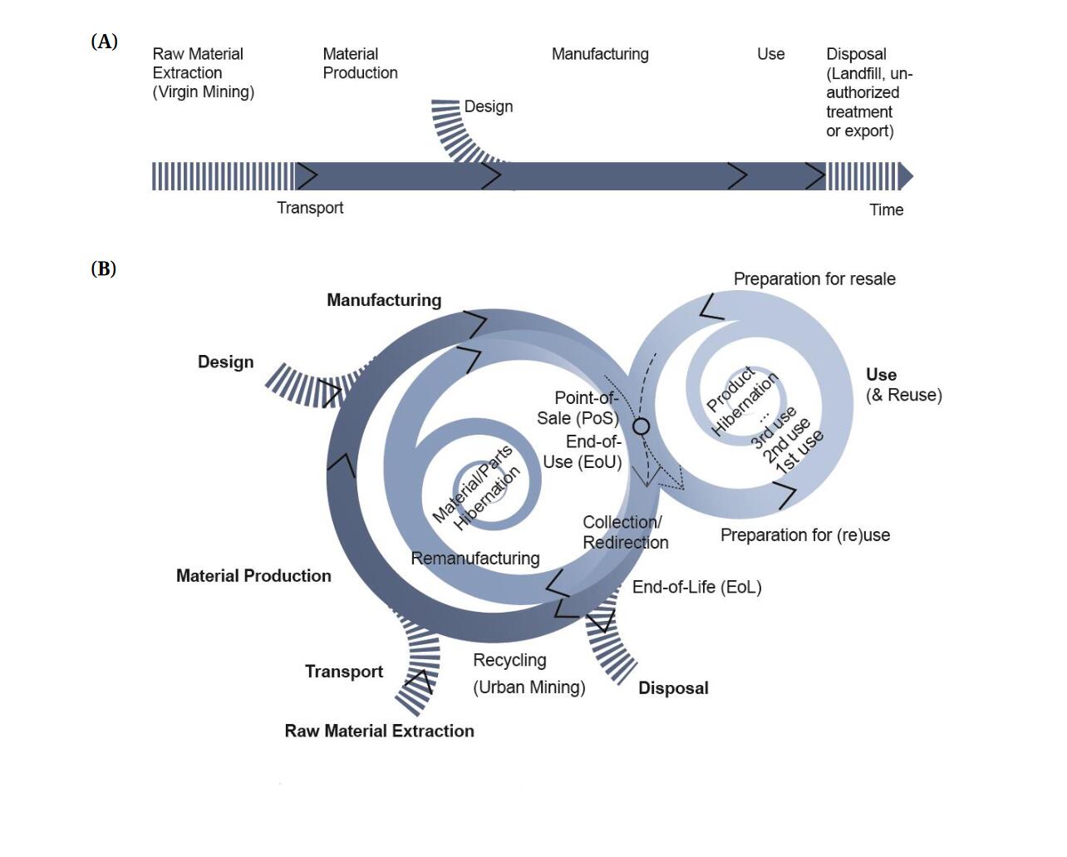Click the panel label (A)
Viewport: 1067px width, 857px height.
104,42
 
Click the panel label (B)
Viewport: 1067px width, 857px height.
103,268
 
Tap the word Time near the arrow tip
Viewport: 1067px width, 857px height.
886,209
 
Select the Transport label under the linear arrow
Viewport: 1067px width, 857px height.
310,208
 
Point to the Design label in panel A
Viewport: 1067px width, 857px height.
488,106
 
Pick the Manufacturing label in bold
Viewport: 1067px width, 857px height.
384,300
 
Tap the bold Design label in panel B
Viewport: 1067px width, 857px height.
225,362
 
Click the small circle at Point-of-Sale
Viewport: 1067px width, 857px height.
641,426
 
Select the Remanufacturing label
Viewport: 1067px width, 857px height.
475,559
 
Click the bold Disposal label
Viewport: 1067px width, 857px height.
673,688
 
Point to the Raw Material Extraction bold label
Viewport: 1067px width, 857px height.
379,731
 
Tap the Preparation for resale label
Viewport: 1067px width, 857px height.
814,279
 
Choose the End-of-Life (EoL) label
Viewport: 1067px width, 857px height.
696,587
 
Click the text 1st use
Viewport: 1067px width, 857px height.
799,452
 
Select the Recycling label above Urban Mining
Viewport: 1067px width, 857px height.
509,660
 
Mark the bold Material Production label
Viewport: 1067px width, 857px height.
253,575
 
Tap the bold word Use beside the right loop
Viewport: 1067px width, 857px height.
881,374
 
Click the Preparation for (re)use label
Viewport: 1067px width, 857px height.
804,535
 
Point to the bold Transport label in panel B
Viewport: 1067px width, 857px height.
344,672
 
